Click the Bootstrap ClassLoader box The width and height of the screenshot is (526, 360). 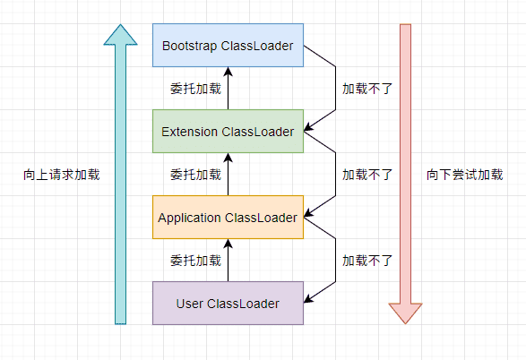[x=229, y=46]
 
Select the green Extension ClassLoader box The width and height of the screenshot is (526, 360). [x=229, y=132]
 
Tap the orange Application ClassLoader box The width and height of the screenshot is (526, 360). [x=229, y=218]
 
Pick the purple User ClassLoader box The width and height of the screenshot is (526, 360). [x=229, y=304]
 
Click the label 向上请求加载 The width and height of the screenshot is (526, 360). [x=62, y=175]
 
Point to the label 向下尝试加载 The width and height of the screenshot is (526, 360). [x=464, y=175]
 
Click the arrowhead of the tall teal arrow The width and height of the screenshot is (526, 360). [x=120, y=34]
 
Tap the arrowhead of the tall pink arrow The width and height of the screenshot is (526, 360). [x=405, y=313]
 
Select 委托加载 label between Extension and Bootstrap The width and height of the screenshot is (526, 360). [x=196, y=89]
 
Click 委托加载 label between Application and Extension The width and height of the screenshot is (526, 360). [x=196, y=175]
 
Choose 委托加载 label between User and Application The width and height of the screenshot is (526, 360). [x=196, y=261]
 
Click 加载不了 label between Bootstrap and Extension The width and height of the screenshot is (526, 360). [x=367, y=89]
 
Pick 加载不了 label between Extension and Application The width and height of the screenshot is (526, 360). [x=367, y=175]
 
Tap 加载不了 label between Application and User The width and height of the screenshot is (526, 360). [x=367, y=261]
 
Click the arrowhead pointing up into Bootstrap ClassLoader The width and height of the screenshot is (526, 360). [x=229, y=72]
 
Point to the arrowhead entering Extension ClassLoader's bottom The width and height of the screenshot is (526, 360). [x=229, y=158]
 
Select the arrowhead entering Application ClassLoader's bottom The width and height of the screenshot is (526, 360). [x=229, y=244]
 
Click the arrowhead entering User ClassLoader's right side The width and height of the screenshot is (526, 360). [x=308, y=299]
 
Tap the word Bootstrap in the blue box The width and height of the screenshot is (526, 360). [x=190, y=46]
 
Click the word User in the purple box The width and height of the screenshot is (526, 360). [x=190, y=304]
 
